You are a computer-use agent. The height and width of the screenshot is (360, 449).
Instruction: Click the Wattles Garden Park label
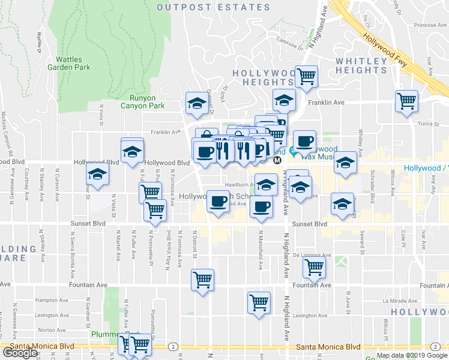point(73,63)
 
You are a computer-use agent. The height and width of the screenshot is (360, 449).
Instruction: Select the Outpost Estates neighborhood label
point(213,7)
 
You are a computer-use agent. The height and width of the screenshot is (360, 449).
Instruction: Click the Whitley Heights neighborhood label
point(361,66)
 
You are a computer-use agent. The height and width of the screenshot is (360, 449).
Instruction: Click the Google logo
point(20,353)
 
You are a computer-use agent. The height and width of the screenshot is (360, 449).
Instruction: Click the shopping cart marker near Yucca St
point(406,100)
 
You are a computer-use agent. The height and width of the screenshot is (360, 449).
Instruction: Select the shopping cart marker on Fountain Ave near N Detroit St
point(202,279)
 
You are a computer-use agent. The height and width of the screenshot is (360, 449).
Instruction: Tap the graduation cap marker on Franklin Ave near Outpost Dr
point(196,103)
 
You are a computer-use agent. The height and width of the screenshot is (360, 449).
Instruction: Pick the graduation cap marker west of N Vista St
point(97,175)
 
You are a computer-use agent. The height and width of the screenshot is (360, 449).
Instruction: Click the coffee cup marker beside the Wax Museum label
point(304,140)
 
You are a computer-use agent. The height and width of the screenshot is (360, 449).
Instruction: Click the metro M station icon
point(277,160)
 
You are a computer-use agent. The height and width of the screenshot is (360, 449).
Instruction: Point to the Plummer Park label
point(108,334)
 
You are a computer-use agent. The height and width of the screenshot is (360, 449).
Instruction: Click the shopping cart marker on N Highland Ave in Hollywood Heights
point(306,76)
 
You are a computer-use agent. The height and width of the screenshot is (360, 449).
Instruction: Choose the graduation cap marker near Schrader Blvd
point(345,162)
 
